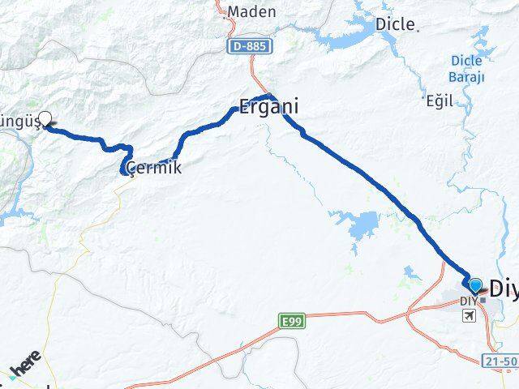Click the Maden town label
click(x=251, y=12)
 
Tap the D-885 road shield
click(x=250, y=48)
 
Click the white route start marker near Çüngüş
click(x=45, y=118)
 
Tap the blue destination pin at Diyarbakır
click(x=474, y=285)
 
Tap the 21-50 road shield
click(x=501, y=359)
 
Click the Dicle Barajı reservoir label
click(x=467, y=69)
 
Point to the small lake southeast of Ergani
click(x=357, y=222)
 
